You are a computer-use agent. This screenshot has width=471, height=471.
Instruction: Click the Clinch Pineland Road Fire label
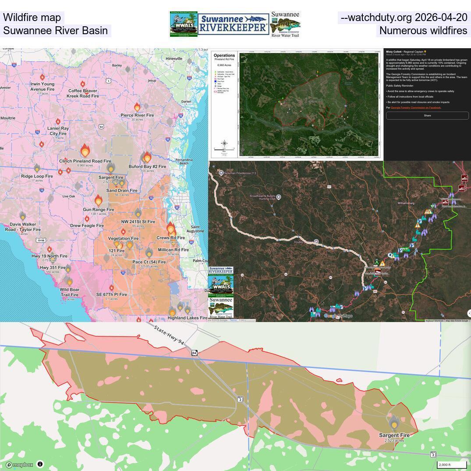click(x=85, y=161)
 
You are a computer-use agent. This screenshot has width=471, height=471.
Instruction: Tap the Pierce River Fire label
click(x=137, y=115)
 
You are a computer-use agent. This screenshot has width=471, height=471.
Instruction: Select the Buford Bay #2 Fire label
click(x=147, y=166)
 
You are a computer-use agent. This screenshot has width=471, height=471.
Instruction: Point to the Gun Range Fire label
click(x=98, y=209)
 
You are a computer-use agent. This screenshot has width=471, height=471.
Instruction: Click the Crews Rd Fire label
click(x=170, y=237)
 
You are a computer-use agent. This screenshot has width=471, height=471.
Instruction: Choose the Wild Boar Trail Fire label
click(x=69, y=292)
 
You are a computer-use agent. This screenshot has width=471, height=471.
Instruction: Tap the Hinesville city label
click(x=174, y=59)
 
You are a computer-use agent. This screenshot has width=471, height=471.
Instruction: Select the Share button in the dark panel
click(x=427, y=116)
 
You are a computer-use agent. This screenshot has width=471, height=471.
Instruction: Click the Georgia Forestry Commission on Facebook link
click(x=415, y=107)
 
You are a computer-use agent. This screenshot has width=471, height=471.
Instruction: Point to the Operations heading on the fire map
click(x=224, y=56)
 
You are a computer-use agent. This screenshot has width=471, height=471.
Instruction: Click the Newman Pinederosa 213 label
click(x=240, y=173)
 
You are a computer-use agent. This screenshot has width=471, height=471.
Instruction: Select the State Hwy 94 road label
click(x=169, y=335)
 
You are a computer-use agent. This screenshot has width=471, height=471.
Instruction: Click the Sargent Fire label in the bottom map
click(x=394, y=435)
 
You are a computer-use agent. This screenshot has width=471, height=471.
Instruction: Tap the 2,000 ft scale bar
click(x=451, y=465)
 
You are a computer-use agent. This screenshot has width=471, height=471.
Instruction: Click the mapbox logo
click(x=19, y=465)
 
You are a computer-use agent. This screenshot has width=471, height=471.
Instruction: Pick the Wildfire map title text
click(x=32, y=18)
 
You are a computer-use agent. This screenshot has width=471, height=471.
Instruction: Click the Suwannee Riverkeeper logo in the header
click(x=233, y=24)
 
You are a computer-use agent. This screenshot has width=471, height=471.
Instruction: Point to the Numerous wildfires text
click(x=423, y=31)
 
